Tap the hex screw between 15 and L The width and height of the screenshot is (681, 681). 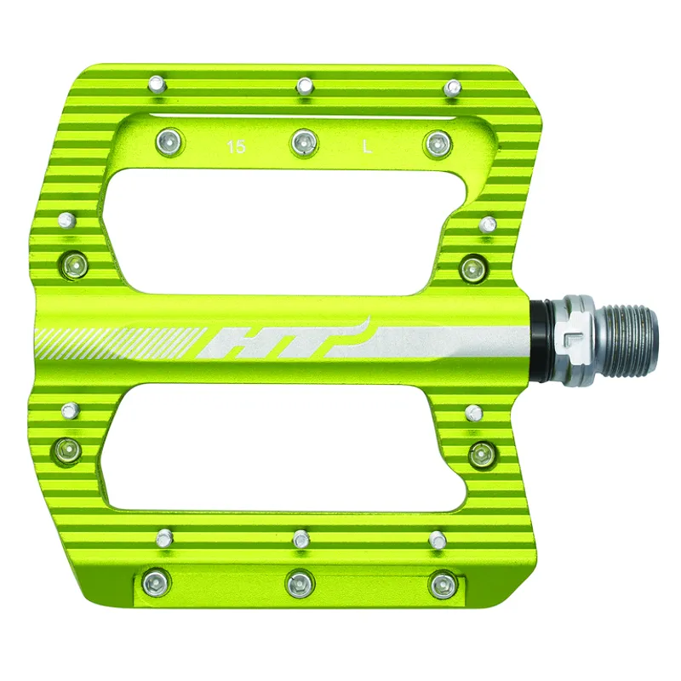tap(303, 142)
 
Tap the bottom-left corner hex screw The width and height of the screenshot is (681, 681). tap(155, 583)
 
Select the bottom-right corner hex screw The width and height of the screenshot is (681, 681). tap(441, 584)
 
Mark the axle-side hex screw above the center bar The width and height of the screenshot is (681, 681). tap(472, 270)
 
